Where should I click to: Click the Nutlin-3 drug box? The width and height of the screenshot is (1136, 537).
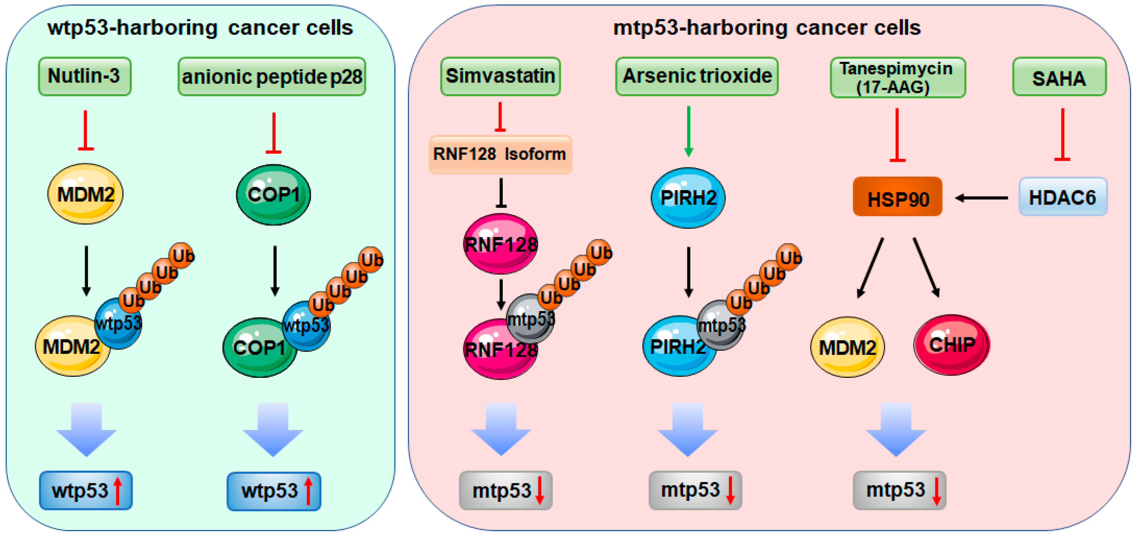[85, 76]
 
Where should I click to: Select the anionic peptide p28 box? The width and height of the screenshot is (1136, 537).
[272, 77]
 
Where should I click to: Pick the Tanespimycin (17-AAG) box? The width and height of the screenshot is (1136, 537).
[897, 78]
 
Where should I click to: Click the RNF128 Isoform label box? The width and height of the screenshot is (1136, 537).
[500, 154]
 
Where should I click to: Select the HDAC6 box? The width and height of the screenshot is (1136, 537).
[1062, 196]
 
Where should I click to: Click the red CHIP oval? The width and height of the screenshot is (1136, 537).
[951, 345]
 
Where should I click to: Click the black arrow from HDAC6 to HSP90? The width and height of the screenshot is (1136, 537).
[981, 198]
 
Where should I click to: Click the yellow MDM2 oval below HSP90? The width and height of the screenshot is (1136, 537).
[847, 347]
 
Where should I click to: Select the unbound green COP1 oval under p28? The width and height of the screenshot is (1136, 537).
[273, 194]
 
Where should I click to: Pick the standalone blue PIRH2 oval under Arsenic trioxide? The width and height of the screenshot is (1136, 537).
[688, 197]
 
